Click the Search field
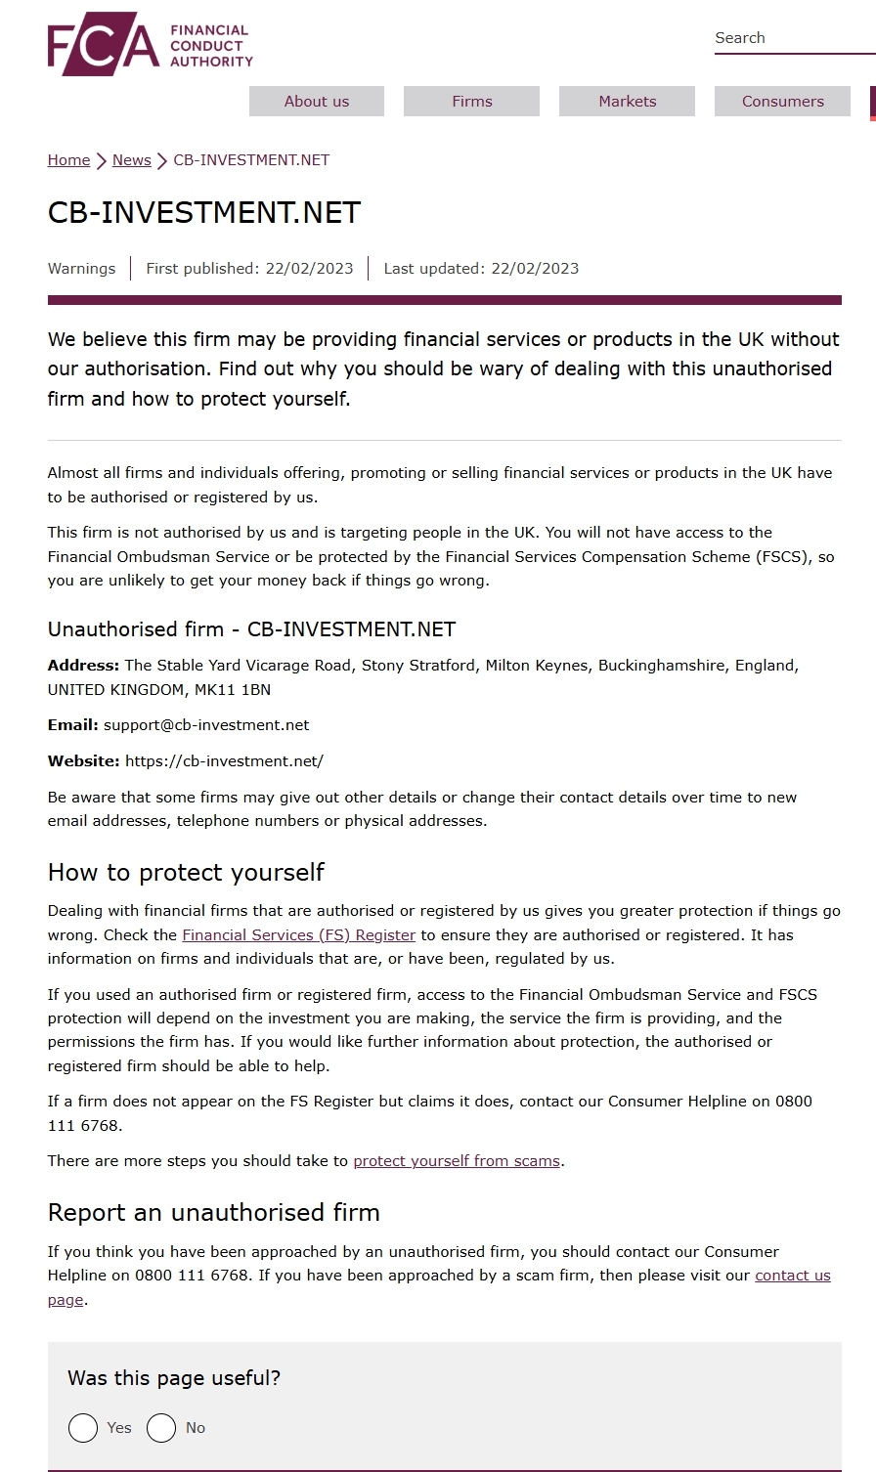pyautogui.click(x=792, y=38)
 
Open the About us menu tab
pyautogui.click(x=317, y=102)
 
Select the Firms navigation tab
pyautogui.click(x=471, y=102)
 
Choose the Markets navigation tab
pyautogui.click(x=627, y=102)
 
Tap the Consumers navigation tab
pyautogui.click(x=782, y=102)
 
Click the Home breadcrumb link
pyautogui.click(x=68, y=160)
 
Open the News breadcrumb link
pyautogui.click(x=131, y=160)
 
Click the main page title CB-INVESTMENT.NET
pyautogui.click(x=204, y=213)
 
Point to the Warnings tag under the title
pyautogui.click(x=81, y=269)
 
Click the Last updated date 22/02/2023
pyautogui.click(x=535, y=269)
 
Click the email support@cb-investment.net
pyautogui.click(x=206, y=725)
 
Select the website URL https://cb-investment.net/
pyautogui.click(x=224, y=761)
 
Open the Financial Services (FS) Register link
pyautogui.click(x=298, y=935)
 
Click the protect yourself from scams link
pyautogui.click(x=457, y=1161)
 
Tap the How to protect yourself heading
pyautogui.click(x=186, y=872)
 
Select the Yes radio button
pyautogui.click(x=83, y=1428)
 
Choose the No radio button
pyautogui.click(x=161, y=1428)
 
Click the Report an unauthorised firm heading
pyautogui.click(x=213, y=1213)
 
